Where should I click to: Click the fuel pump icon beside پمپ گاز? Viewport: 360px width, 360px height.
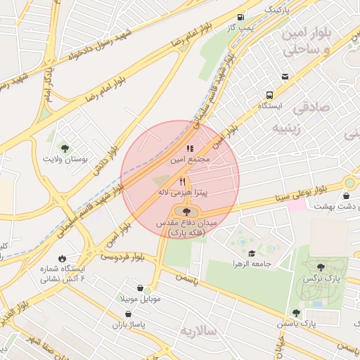click(241, 17)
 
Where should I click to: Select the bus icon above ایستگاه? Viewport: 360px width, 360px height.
click(270, 95)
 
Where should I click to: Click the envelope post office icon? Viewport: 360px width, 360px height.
click(285, 77)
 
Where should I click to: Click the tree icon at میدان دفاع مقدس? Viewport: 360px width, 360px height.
click(186, 211)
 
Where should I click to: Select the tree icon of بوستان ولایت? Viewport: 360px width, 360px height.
click(65, 148)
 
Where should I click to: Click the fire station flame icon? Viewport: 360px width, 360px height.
click(63, 258)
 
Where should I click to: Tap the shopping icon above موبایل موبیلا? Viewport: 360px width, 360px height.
click(142, 288)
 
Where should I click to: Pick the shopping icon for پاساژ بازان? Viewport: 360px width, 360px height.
click(127, 314)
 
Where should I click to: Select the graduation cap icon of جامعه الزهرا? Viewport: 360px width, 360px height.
click(252, 254)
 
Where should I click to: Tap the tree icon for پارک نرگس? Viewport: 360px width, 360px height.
click(321, 267)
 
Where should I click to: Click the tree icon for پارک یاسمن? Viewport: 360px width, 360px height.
click(295, 313)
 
